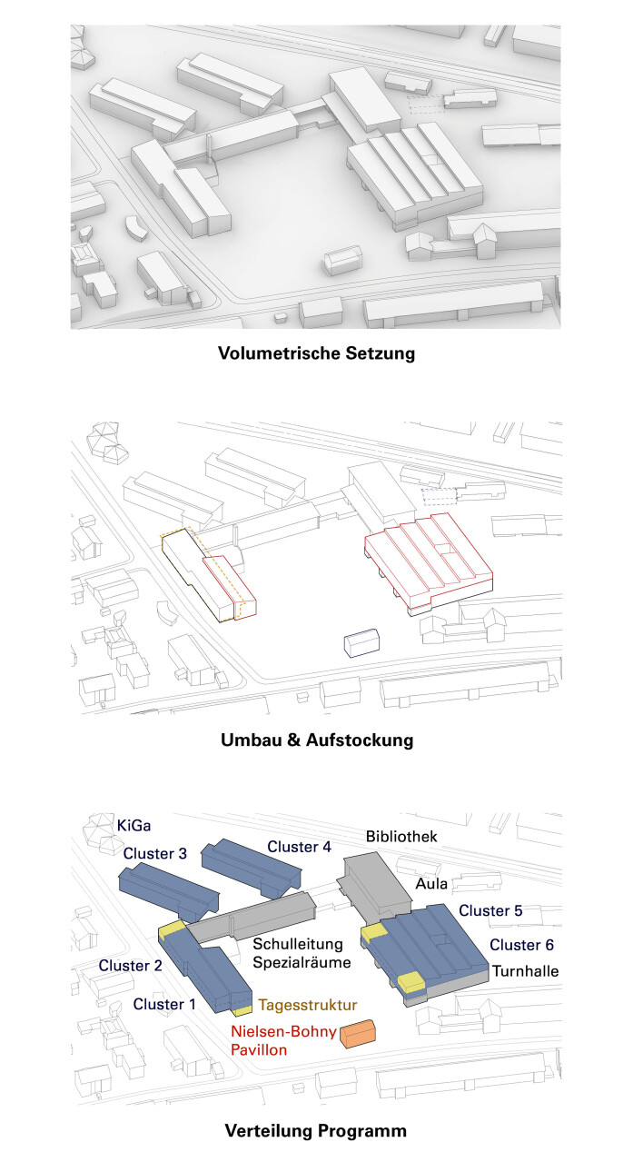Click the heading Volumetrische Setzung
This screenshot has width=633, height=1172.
[316, 353]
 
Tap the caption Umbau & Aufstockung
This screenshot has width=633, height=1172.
[317, 740]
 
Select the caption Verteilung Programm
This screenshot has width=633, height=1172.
[316, 1131]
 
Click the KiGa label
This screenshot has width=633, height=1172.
[134, 826]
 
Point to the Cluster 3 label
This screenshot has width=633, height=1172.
[155, 853]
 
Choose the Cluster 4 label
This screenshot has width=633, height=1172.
[299, 847]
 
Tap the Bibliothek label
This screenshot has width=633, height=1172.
[401, 836]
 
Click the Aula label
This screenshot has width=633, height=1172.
[431, 884]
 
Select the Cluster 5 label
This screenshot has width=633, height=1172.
[490, 910]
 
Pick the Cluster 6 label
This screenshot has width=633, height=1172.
[521, 945]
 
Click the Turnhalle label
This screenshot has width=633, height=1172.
[525, 971]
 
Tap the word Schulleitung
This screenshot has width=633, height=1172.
[298, 944]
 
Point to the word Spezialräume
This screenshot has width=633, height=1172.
[302, 962]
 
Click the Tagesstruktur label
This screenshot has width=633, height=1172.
[308, 1005]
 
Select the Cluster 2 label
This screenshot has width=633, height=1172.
[130, 966]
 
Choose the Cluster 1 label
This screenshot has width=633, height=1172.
[164, 1004]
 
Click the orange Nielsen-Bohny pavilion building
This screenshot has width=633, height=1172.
[358, 1033]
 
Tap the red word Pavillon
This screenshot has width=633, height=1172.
[259, 1049]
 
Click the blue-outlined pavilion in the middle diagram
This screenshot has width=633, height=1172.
[361, 642]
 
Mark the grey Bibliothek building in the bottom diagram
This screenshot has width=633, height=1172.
[378, 884]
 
